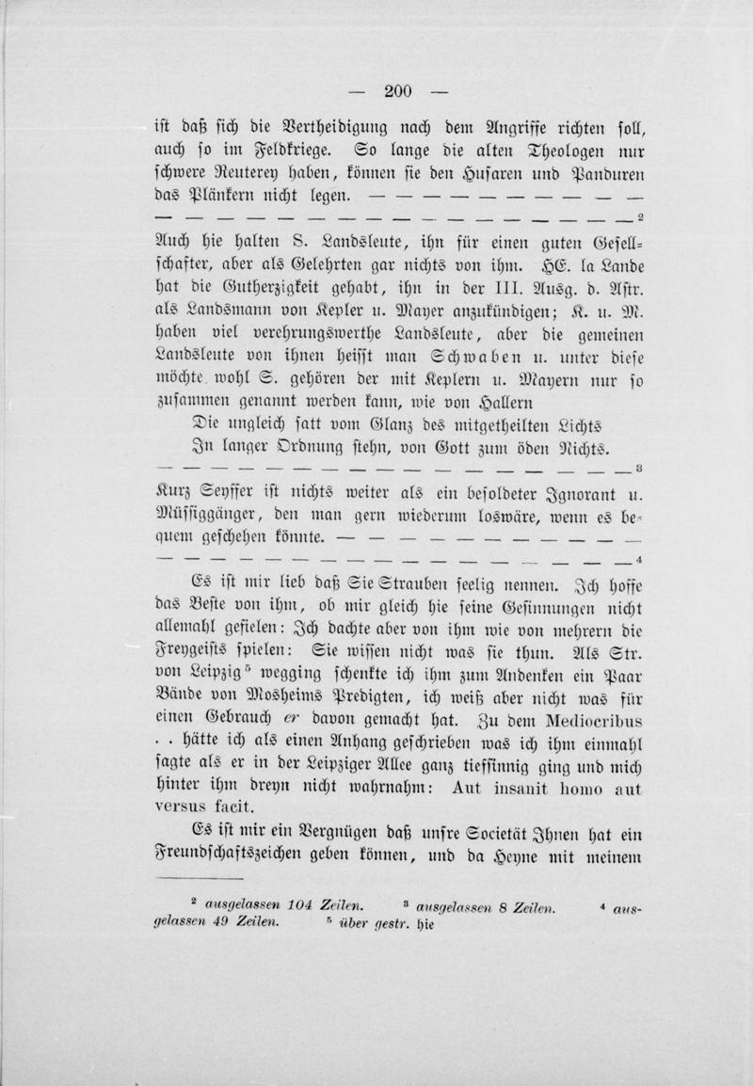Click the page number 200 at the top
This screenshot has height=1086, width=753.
coord(398,91)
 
